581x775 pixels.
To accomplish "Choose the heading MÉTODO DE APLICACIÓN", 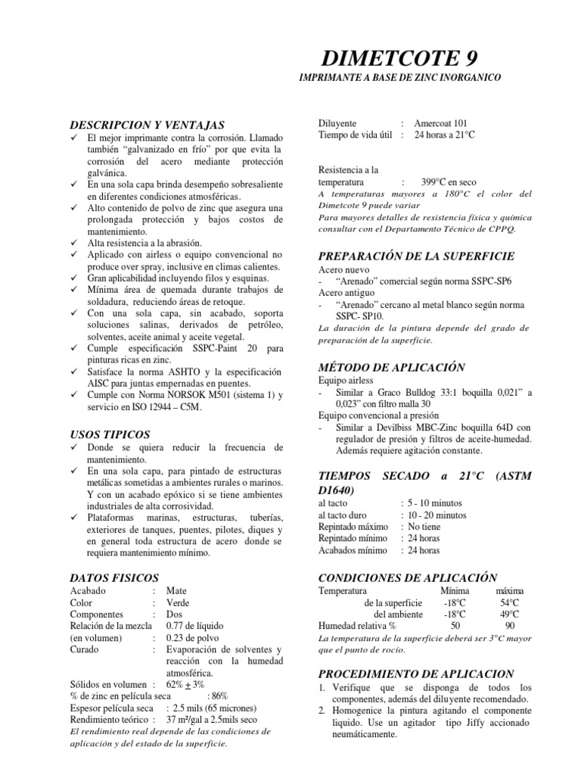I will (x=390, y=366).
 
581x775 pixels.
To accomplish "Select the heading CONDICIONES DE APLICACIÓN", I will (x=408, y=577).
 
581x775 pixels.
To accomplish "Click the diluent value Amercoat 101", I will (x=440, y=123).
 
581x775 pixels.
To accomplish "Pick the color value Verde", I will (x=178, y=602).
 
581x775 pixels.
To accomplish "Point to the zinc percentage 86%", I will (x=218, y=696).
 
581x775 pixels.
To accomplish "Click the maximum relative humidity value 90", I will (x=509, y=626).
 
